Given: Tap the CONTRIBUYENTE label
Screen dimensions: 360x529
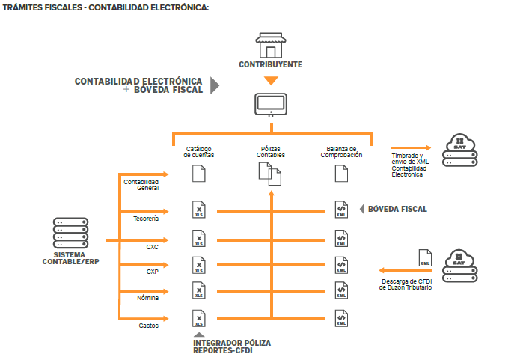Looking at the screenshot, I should (x=271, y=65).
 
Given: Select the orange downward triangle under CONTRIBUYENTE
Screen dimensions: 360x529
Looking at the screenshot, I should (x=271, y=80).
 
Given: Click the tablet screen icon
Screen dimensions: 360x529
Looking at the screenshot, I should (x=271, y=104).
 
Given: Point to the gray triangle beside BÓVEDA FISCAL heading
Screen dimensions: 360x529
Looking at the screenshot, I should (x=214, y=85).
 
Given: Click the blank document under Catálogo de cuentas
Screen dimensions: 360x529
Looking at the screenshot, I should (x=198, y=174).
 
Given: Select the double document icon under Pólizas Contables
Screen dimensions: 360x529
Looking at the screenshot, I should (x=270, y=174).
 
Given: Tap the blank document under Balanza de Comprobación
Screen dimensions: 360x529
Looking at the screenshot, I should (x=341, y=174).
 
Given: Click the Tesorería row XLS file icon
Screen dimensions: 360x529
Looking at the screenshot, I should (x=198, y=210).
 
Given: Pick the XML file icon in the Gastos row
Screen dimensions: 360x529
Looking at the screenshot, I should (x=341, y=319).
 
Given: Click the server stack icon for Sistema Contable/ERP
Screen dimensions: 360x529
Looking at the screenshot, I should (x=69, y=234).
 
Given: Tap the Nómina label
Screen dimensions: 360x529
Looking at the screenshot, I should (x=147, y=298).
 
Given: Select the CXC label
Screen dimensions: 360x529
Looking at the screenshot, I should (x=153, y=245).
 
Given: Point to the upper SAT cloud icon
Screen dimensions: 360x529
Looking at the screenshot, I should (x=460, y=144).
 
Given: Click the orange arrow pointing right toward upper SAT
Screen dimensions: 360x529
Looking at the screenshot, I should (x=410, y=148).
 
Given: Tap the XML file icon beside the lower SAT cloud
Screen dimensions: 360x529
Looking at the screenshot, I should (x=424, y=258).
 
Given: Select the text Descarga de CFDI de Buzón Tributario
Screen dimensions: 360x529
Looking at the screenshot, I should (x=405, y=284).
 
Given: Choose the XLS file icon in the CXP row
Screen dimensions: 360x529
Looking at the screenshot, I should (x=198, y=266).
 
